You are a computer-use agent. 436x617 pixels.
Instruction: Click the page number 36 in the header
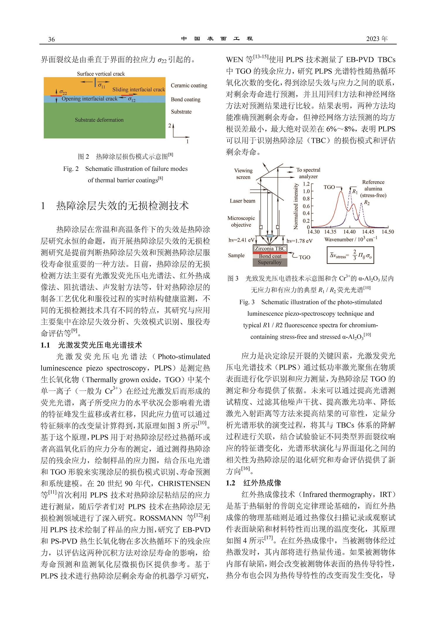(x=51, y=39)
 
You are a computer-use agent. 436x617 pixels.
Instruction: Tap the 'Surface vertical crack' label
(x=101, y=74)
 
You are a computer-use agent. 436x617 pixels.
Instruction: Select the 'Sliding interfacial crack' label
(x=139, y=90)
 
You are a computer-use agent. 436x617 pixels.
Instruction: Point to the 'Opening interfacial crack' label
(x=89, y=99)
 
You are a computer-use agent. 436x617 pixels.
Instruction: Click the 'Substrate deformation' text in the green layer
(x=99, y=120)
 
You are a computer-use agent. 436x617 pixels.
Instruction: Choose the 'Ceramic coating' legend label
(x=189, y=85)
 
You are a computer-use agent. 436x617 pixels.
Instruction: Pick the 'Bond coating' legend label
(x=186, y=99)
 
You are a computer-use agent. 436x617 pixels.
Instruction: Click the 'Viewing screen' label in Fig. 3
(x=243, y=174)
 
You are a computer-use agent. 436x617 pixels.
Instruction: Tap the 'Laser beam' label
(x=242, y=201)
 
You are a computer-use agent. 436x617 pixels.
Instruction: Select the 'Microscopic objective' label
(x=241, y=221)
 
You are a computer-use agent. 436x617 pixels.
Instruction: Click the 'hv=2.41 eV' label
(x=241, y=240)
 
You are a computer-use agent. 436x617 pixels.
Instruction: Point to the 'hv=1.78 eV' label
(x=299, y=241)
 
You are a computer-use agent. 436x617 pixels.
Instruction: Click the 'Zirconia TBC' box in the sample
(x=270, y=248)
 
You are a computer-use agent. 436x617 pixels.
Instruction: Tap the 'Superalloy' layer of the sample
(x=270, y=262)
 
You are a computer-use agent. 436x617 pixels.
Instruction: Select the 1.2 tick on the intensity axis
(x=306, y=184)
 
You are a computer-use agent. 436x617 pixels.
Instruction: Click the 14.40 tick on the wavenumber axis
(x=349, y=232)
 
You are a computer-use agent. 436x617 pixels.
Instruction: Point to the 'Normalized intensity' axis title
(x=296, y=206)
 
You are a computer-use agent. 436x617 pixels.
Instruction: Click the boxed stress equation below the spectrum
(x=350, y=255)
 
